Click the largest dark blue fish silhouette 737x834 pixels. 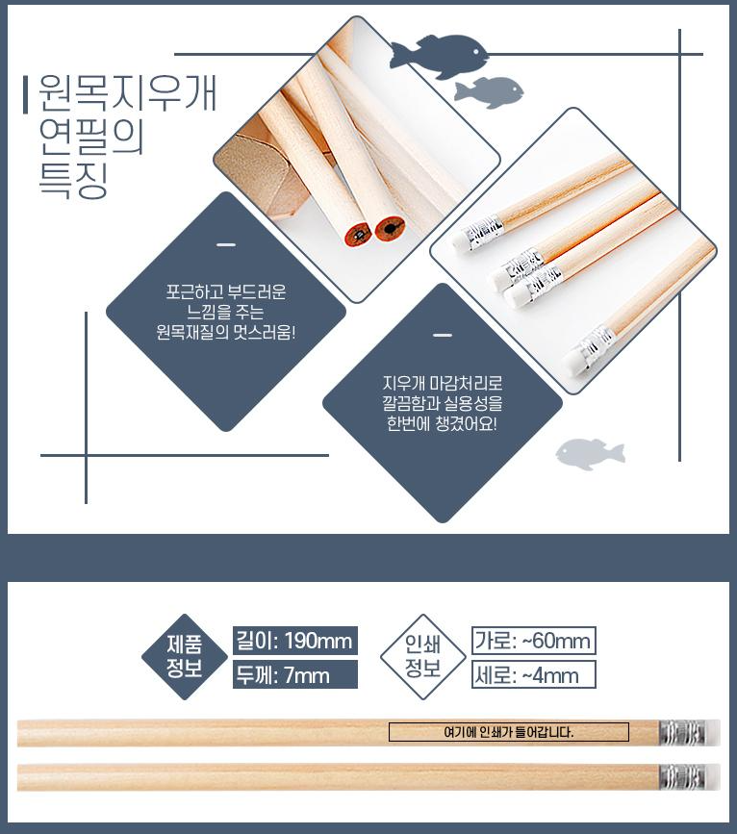439,55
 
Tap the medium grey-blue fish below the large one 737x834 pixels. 489,91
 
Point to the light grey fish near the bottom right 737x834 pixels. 590,454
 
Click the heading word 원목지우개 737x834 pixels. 128,93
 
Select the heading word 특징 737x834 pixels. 73,180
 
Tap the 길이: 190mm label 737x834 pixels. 294,641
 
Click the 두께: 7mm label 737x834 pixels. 294,675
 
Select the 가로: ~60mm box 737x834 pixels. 533,641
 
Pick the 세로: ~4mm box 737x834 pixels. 533,675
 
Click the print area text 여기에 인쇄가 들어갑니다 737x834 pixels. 509,732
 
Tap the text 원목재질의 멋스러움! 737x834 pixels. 226,333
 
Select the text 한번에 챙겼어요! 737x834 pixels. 442,424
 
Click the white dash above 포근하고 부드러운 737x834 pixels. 226,245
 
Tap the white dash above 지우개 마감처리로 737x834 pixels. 443,336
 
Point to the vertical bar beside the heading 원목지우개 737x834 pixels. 26,95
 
